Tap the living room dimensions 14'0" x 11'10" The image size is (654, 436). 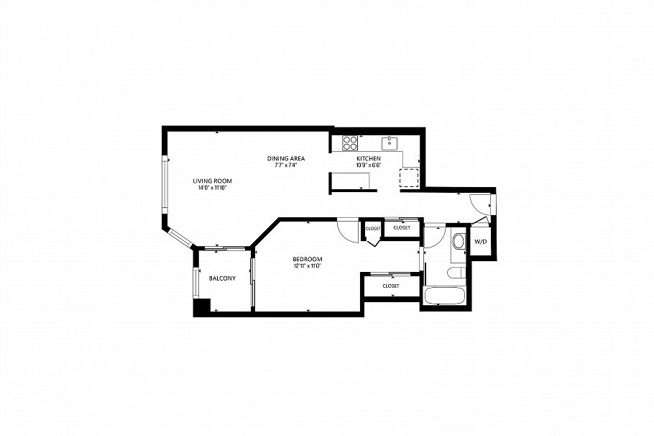click(x=212, y=188)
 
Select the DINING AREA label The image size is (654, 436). click(x=286, y=158)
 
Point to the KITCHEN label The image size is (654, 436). click(x=368, y=158)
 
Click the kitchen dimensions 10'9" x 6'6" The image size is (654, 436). click(x=368, y=165)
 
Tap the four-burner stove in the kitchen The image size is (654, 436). click(x=350, y=142)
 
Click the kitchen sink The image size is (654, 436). click(x=390, y=141)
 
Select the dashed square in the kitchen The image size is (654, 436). click(x=410, y=178)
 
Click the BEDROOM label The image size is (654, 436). click(x=307, y=259)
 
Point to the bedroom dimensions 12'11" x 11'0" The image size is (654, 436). click(x=307, y=266)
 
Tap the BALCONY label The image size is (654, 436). click(x=222, y=278)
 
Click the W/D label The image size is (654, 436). click(x=480, y=241)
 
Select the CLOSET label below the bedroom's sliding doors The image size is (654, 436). click(x=390, y=286)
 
